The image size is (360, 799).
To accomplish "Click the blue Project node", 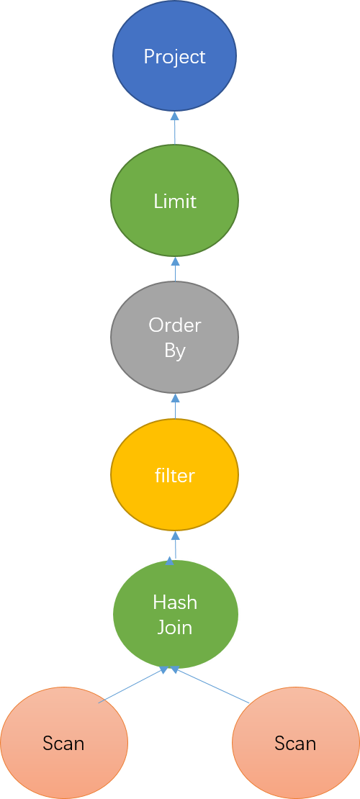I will [x=175, y=57].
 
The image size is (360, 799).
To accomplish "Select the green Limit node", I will [x=175, y=201].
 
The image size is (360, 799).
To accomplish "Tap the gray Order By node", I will [x=175, y=337].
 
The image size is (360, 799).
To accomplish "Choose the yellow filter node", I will [x=175, y=475].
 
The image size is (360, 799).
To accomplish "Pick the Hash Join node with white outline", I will [x=175, y=614].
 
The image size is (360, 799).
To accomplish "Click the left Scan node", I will [x=64, y=743].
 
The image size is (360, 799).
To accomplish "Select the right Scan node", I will [x=295, y=743].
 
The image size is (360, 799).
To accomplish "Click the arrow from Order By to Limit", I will [x=175, y=268].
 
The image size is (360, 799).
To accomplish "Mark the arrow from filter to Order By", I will [x=175, y=406].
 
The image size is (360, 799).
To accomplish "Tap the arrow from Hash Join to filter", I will [x=175, y=545].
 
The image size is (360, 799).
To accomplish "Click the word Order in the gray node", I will [x=175, y=325].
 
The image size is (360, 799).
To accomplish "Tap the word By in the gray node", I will [x=175, y=351].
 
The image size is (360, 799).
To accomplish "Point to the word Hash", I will [x=175, y=602].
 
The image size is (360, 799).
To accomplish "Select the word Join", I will [x=175, y=627].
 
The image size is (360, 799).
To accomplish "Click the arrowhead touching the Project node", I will [x=175, y=115].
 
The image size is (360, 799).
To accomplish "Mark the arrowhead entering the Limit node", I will [x=175, y=260].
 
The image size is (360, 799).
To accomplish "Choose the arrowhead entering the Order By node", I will [x=175, y=397].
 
